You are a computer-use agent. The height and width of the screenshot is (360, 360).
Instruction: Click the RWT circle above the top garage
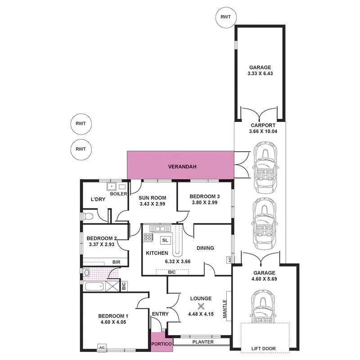pyautogui.click(x=225, y=17)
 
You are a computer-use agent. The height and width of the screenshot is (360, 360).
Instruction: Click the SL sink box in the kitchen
pyautogui.click(x=165, y=240)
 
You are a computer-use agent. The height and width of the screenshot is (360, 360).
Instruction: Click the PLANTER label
pyautogui.click(x=203, y=342)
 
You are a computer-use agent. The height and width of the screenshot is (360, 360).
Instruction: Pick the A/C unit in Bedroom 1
pyautogui.click(x=102, y=347)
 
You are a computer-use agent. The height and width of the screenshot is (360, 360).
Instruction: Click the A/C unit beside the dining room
pyautogui.click(x=229, y=260)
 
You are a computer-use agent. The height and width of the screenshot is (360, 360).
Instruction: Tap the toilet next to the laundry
pyautogui.click(x=88, y=217)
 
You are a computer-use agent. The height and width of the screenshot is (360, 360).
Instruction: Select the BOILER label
pyautogui.click(x=118, y=194)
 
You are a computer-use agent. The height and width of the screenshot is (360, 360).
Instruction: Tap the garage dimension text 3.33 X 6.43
pyautogui.click(x=259, y=74)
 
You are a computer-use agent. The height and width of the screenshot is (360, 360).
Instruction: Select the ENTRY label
pyautogui.click(x=160, y=314)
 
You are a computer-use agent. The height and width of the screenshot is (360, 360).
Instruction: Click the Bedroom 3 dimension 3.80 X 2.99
pyautogui.click(x=204, y=202)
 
